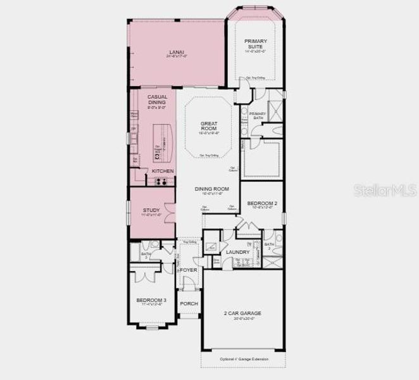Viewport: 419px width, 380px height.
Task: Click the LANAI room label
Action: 177,52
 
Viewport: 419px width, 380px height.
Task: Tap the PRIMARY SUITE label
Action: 257,44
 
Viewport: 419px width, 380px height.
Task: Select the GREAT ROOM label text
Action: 209,125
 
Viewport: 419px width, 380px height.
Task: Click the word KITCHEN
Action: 163,171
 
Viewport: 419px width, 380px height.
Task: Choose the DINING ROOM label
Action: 208,189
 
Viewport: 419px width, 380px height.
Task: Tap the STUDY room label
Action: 151,210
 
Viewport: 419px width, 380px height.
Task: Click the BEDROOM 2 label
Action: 262,203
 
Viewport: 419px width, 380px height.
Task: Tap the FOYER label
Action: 189,270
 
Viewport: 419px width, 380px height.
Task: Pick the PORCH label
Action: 189,303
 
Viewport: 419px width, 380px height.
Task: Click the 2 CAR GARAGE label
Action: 243,313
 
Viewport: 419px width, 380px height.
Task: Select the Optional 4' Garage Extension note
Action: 243,360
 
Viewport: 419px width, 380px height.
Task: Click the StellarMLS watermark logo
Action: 387,189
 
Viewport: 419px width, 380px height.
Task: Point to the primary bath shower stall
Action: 275,110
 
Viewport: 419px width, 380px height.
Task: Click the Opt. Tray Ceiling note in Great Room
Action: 209,155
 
